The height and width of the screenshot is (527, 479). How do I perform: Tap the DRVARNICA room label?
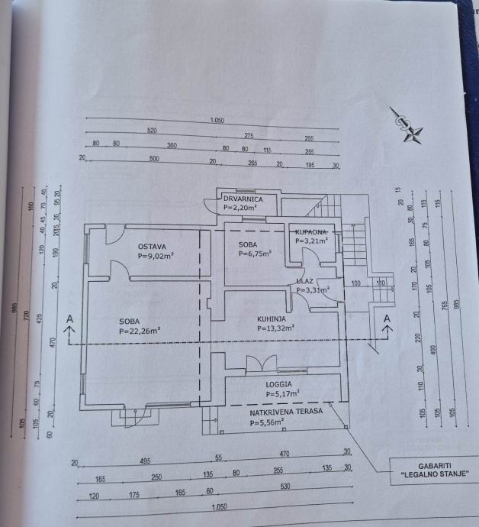[243, 199]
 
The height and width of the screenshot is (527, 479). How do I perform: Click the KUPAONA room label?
[311, 231]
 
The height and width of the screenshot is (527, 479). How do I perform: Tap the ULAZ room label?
[307, 280]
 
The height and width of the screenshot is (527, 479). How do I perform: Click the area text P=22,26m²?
[139, 331]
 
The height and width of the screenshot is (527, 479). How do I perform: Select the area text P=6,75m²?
[254, 254]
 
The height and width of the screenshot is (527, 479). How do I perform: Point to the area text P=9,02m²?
[156, 257]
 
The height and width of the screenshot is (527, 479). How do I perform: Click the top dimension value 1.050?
[217, 120]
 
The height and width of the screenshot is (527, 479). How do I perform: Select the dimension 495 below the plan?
[146, 461]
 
